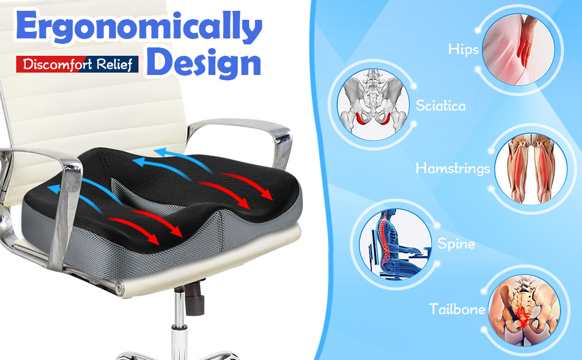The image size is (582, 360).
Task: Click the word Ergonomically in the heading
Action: click(x=139, y=27)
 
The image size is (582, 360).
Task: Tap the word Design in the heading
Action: click(x=204, y=62)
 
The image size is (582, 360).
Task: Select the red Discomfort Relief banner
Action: click(x=77, y=64)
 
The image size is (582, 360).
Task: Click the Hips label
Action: click(x=463, y=49)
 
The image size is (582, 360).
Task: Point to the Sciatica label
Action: click(x=440, y=106)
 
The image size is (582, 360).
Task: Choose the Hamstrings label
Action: click(x=452, y=168)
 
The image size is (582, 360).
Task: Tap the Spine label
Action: click(x=456, y=244)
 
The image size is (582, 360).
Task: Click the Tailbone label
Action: click(x=457, y=309)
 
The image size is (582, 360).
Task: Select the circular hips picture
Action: click(x=518, y=49)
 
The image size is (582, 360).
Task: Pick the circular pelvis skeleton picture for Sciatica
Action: click(x=373, y=104)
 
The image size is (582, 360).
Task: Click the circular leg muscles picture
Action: click(x=531, y=169)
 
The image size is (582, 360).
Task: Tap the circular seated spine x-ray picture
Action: click(x=395, y=244)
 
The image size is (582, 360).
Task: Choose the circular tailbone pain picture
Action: click(x=524, y=310)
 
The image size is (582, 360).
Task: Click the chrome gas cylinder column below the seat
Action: click(x=179, y=326)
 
